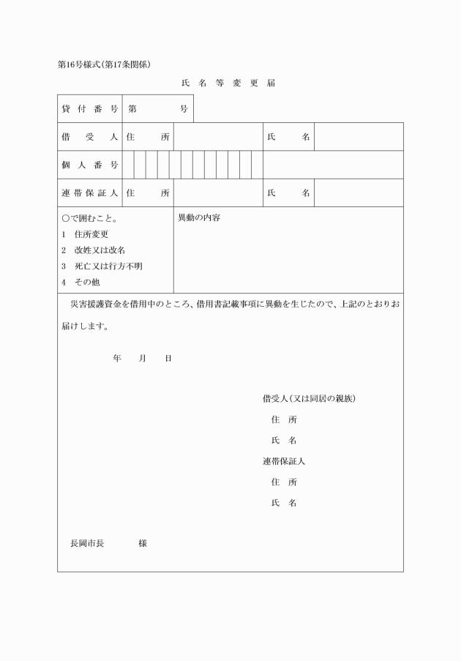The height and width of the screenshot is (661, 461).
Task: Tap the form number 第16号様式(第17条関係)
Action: pos(104,64)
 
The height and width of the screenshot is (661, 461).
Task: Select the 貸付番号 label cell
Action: pos(89,109)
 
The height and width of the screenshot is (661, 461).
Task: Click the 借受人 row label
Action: pos(89,137)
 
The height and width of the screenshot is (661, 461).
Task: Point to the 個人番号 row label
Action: pos(89,165)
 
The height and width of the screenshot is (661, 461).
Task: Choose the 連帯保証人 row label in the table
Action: pos(89,193)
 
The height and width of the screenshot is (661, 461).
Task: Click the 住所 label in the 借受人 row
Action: pos(148,137)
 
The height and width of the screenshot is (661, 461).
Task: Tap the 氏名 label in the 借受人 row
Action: pos(288,137)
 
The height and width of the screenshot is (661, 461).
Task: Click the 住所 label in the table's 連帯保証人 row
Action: pos(148,193)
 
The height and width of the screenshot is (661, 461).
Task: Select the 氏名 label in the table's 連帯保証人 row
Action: pos(288,193)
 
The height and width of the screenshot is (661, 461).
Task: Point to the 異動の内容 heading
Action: pos(199,218)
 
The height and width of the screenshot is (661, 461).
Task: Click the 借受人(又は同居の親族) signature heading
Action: pos(309,399)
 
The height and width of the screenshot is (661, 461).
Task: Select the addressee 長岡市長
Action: pos(87,544)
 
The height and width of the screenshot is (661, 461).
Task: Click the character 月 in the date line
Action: pos(143,358)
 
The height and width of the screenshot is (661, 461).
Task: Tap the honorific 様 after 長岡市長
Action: pos(143,544)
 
